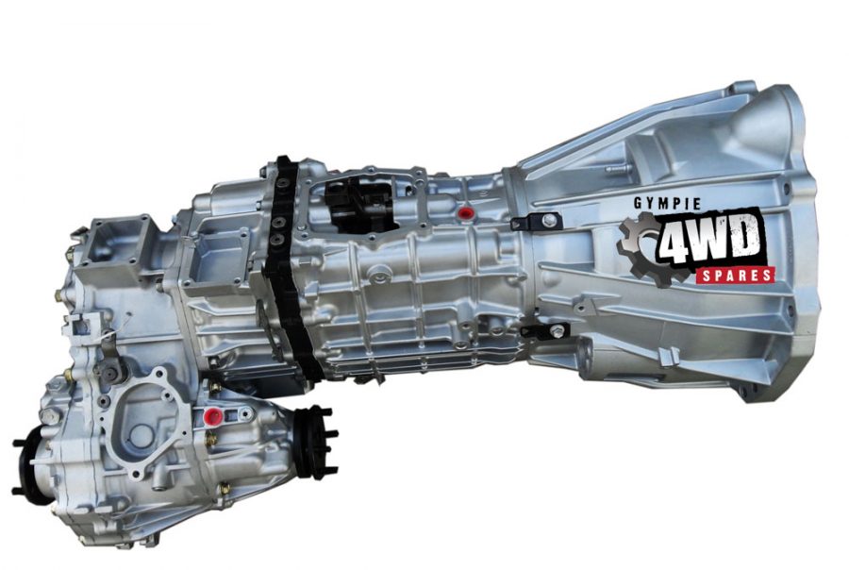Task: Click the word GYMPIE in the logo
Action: [667, 204]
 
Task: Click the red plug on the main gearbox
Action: [464, 212]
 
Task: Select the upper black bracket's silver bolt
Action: [549, 220]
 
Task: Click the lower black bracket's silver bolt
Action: [557, 330]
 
